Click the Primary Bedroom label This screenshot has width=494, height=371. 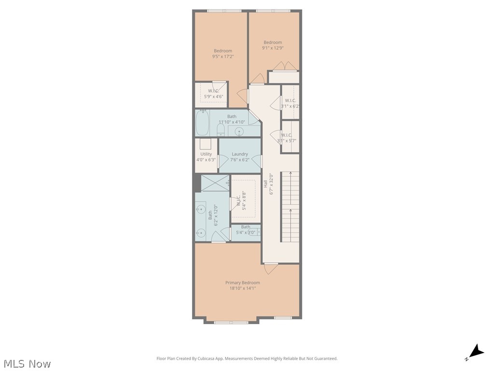click(x=243, y=283)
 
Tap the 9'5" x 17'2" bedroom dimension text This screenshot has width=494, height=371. click(x=223, y=57)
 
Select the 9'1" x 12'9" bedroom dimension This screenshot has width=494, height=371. click(x=273, y=48)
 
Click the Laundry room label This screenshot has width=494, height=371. click(x=240, y=154)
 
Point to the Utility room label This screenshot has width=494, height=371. click(x=206, y=154)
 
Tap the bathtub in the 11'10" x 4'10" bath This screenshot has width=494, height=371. click(x=203, y=124)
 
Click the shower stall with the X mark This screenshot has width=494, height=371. click(x=215, y=183)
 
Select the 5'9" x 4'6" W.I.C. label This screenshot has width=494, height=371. click(x=214, y=97)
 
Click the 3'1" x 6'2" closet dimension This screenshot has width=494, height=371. click(x=290, y=106)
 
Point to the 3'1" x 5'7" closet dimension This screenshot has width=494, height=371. click(x=287, y=141)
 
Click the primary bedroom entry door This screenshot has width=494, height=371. click(x=271, y=265)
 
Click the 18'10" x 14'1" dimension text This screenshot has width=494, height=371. click(x=243, y=288)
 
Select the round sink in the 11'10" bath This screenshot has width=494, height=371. click(x=239, y=132)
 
